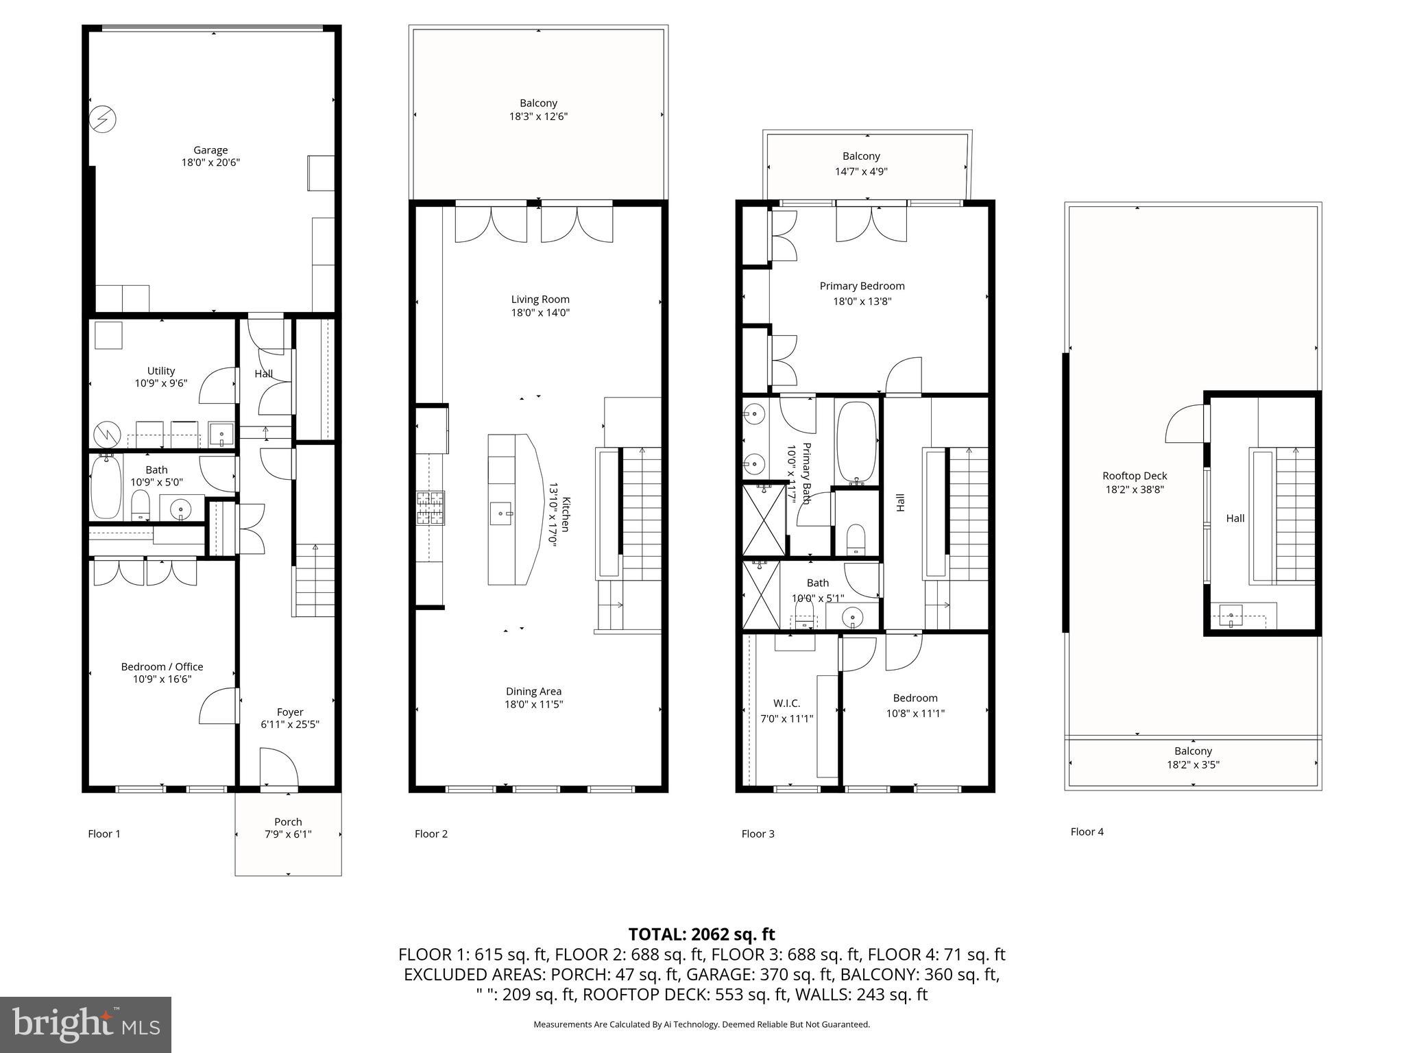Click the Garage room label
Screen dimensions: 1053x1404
click(x=210, y=150)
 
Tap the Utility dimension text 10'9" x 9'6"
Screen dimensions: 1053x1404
click(x=160, y=384)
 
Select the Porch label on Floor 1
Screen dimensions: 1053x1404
click(x=288, y=821)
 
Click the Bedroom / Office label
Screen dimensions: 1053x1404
click(x=162, y=666)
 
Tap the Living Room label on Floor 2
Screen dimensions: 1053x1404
click(x=540, y=299)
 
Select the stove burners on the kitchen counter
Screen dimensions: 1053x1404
click(x=431, y=508)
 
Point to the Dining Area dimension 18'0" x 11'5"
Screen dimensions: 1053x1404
click(x=533, y=704)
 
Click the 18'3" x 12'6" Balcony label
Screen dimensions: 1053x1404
click(x=538, y=117)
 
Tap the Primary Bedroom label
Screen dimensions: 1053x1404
click(x=862, y=286)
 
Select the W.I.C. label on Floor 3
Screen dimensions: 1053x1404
click(x=786, y=703)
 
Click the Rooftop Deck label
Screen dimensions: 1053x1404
click(x=1135, y=476)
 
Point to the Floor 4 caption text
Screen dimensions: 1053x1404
click(x=1087, y=832)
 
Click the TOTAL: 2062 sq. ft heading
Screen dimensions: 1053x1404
click(x=701, y=934)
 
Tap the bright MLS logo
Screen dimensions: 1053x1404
click(x=86, y=1025)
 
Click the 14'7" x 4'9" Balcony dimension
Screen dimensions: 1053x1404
click(x=861, y=171)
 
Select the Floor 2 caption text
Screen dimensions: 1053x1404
click(x=431, y=834)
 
